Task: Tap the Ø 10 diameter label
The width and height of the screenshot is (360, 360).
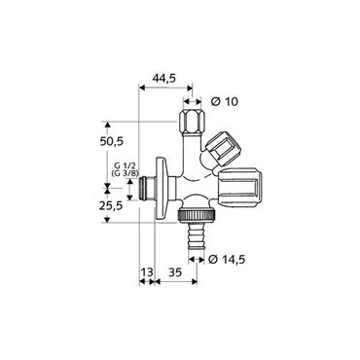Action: [x=223, y=101]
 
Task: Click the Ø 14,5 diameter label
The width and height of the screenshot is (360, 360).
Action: [x=227, y=260]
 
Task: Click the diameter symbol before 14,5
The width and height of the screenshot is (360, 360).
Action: [x=211, y=260]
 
